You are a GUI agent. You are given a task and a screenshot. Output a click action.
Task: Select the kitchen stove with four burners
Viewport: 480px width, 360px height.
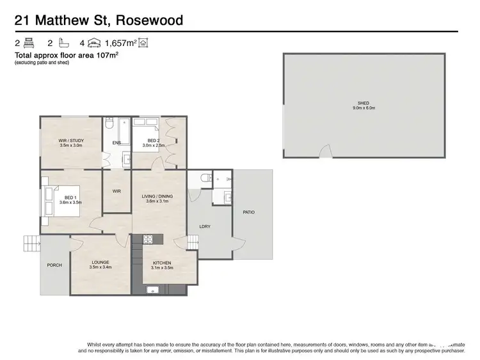coord(148,240)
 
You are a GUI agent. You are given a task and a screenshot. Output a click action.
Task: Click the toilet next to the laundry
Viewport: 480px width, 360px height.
coord(203,181)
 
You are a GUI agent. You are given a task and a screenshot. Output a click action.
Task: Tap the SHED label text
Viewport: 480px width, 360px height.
coord(363,104)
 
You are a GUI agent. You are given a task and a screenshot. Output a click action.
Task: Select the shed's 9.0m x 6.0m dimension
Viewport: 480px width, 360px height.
coord(363,109)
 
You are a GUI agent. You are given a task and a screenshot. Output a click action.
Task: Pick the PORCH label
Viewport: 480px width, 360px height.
coord(54,265)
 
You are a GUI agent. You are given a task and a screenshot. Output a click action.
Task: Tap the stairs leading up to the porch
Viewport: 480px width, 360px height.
coord(31,244)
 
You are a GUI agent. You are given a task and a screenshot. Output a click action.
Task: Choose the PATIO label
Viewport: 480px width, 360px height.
coord(248,212)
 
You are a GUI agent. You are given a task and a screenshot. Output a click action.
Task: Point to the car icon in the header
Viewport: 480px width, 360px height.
coord(95,43)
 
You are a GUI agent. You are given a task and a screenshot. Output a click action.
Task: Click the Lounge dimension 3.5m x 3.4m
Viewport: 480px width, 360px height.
coord(100,267)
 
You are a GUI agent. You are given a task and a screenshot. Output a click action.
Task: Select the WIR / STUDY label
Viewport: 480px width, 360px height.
coord(72,141)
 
